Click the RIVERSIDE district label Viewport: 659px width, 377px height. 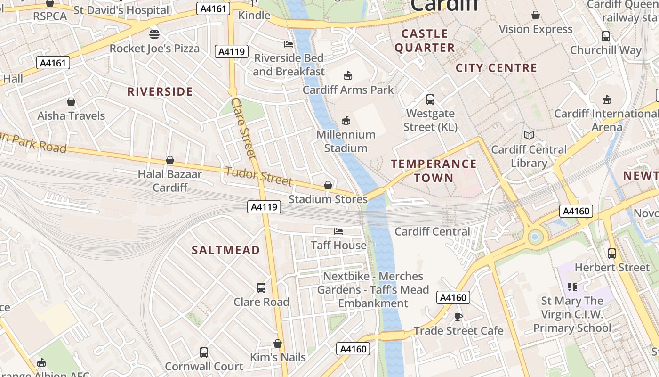point(160,91)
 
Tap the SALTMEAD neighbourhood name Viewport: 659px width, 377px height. point(225,250)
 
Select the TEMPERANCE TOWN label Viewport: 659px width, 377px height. point(434,171)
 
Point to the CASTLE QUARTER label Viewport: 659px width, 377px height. point(425,41)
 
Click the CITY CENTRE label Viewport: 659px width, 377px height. point(496,68)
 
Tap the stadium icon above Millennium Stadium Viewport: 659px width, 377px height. point(346,121)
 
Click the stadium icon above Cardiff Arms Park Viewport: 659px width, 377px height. point(348,75)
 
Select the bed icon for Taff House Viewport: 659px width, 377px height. point(338,231)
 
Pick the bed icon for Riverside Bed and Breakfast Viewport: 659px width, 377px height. point(289,44)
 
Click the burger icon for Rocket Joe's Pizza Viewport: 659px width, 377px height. point(154,34)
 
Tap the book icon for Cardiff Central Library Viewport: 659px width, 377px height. point(529,136)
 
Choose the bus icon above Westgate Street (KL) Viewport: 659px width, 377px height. point(430,99)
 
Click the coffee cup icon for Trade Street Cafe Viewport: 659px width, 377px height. point(458,317)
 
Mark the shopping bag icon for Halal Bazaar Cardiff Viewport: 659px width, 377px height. point(170,160)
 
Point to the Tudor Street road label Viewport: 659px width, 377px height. point(259,176)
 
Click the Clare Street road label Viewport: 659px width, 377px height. point(243,128)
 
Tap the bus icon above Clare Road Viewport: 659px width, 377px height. point(261,287)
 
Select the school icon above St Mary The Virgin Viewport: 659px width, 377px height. point(572,287)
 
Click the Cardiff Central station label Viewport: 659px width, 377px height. point(432,231)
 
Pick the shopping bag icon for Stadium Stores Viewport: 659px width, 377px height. point(328,185)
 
